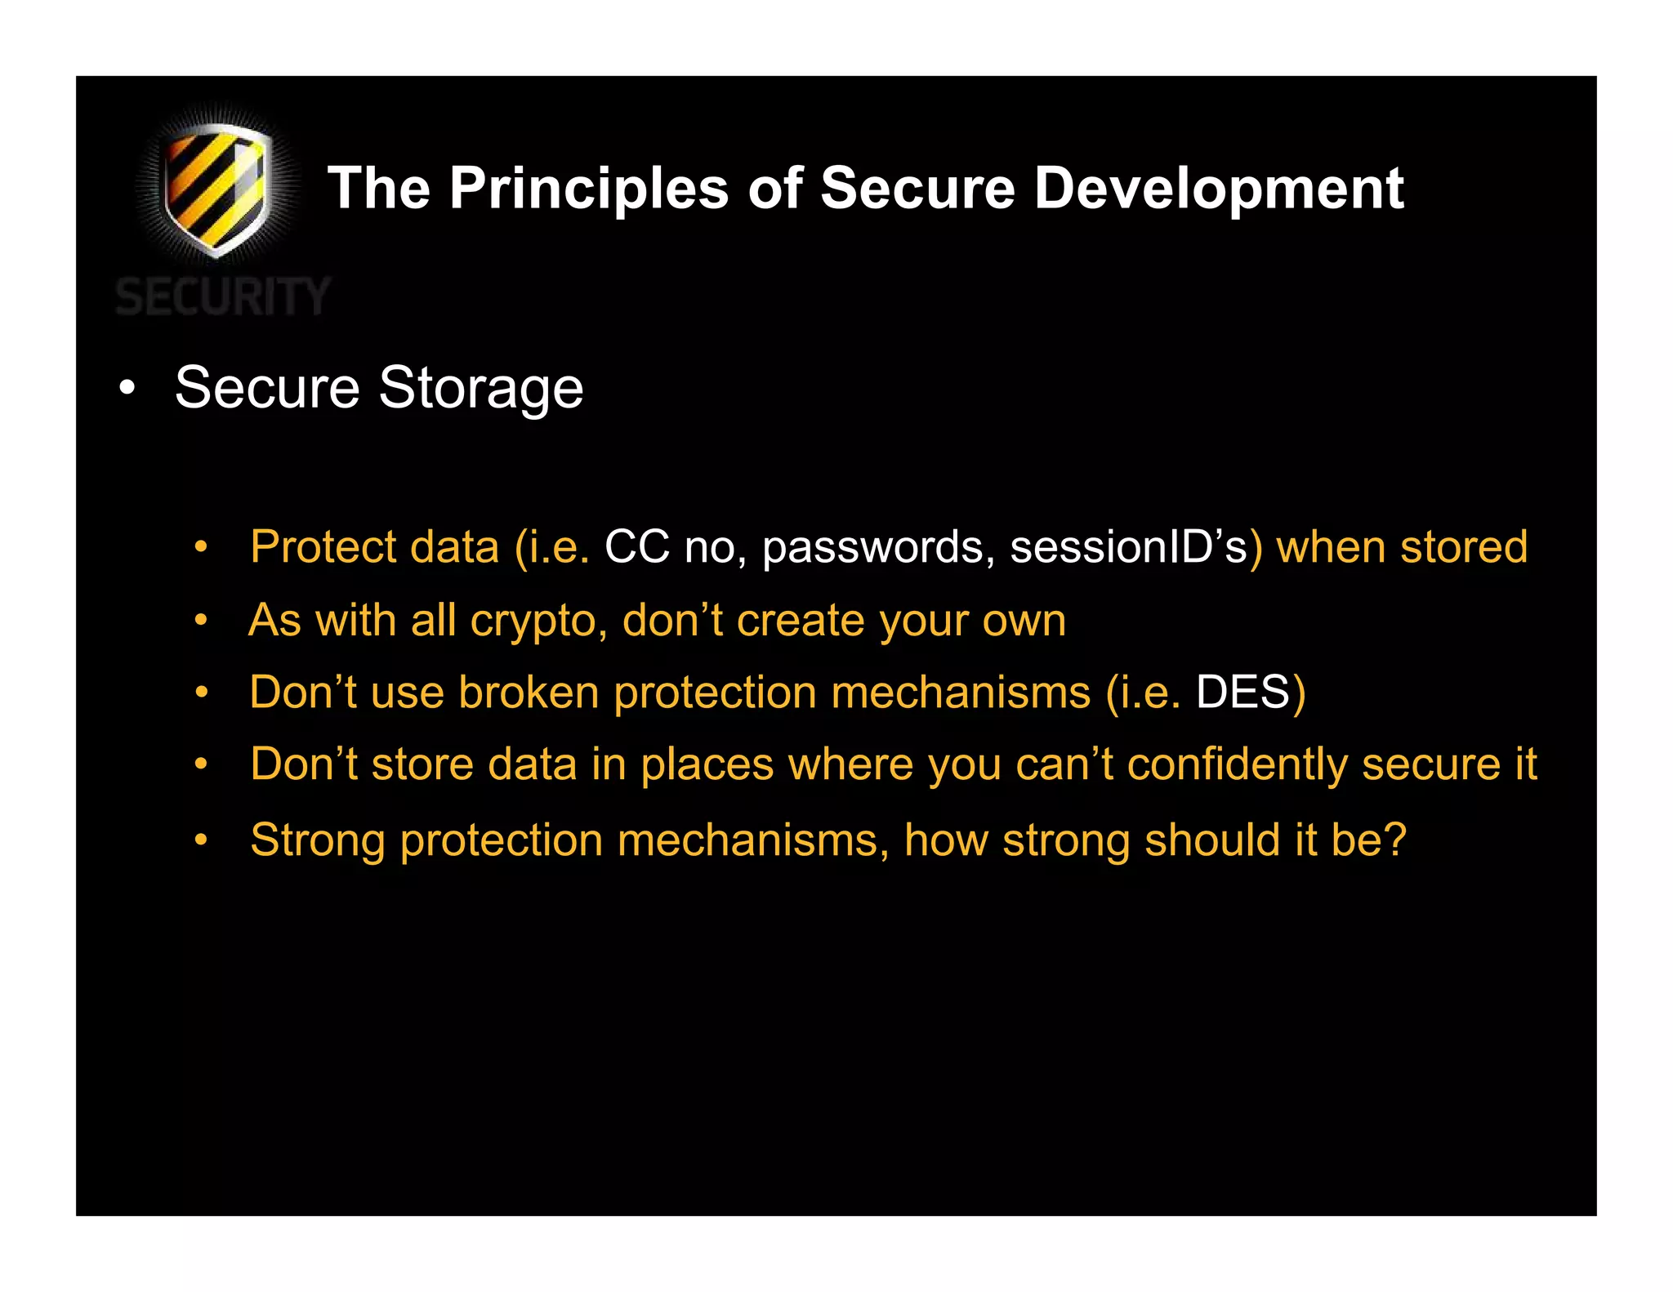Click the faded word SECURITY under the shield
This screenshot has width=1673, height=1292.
point(222,296)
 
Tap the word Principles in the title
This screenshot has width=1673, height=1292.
point(589,189)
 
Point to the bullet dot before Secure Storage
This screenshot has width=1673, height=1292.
point(127,388)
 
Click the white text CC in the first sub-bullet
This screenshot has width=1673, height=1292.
point(636,546)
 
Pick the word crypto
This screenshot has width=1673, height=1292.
point(538,621)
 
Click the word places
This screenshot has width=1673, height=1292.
point(707,765)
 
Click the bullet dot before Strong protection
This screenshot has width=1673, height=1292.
point(201,840)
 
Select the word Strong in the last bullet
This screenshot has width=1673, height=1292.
point(318,840)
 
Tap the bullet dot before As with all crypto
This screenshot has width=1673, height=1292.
point(201,621)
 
